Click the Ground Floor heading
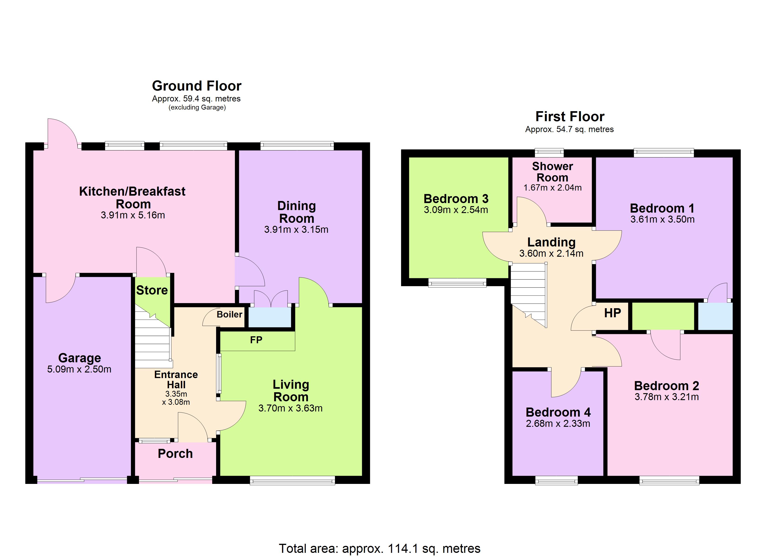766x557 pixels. point(197,86)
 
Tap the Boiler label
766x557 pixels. point(229,314)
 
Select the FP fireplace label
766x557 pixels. point(256,340)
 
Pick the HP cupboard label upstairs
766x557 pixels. point(612,313)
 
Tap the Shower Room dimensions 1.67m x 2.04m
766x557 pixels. point(552,188)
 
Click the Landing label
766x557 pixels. point(551,242)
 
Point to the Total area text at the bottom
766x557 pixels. point(379,549)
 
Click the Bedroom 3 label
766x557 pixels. point(456,199)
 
